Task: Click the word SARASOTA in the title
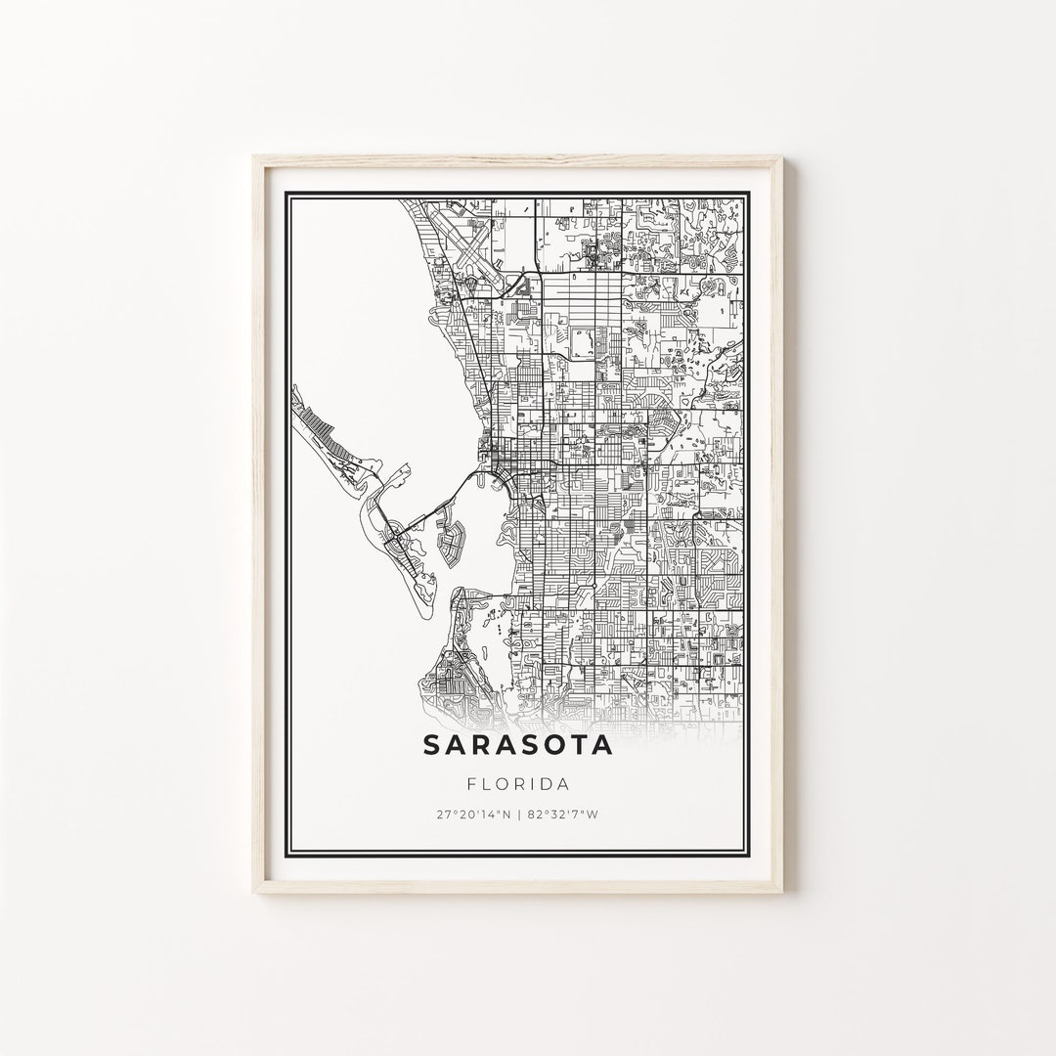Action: click(518, 745)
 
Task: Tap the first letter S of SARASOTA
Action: click(432, 745)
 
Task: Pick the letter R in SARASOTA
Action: click(479, 745)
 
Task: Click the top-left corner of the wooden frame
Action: click(254, 157)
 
